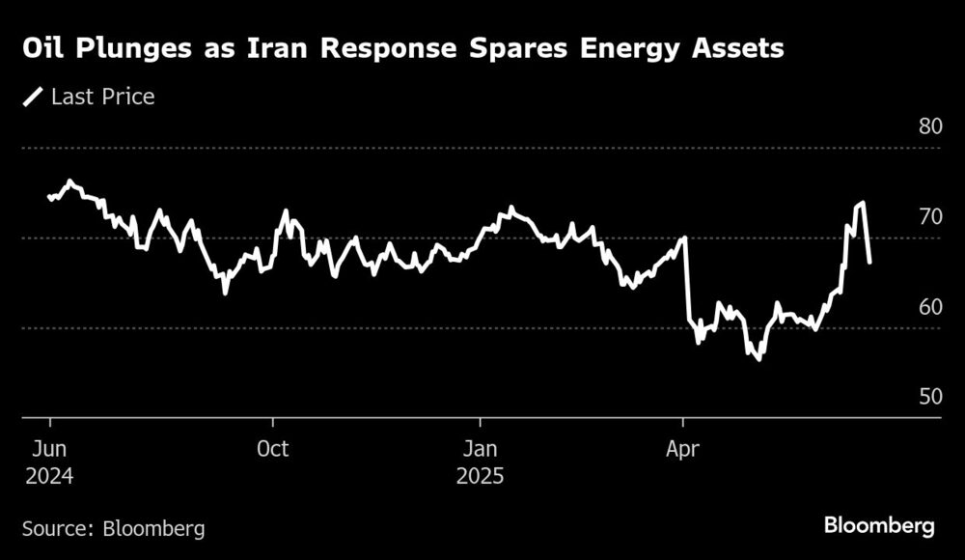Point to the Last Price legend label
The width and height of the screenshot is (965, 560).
[103, 97]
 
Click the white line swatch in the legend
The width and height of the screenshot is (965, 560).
[34, 97]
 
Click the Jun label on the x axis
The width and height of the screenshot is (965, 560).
[48, 450]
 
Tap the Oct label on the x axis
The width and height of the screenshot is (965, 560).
[273, 450]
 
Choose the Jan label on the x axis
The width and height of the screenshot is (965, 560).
[480, 450]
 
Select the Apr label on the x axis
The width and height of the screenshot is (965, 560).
[683, 450]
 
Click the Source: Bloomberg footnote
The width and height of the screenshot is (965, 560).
[114, 528]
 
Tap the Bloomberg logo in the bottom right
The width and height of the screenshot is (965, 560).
[879, 526]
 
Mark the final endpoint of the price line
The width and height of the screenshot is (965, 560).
[870, 262]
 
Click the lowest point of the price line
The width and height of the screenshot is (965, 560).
[758, 359]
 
